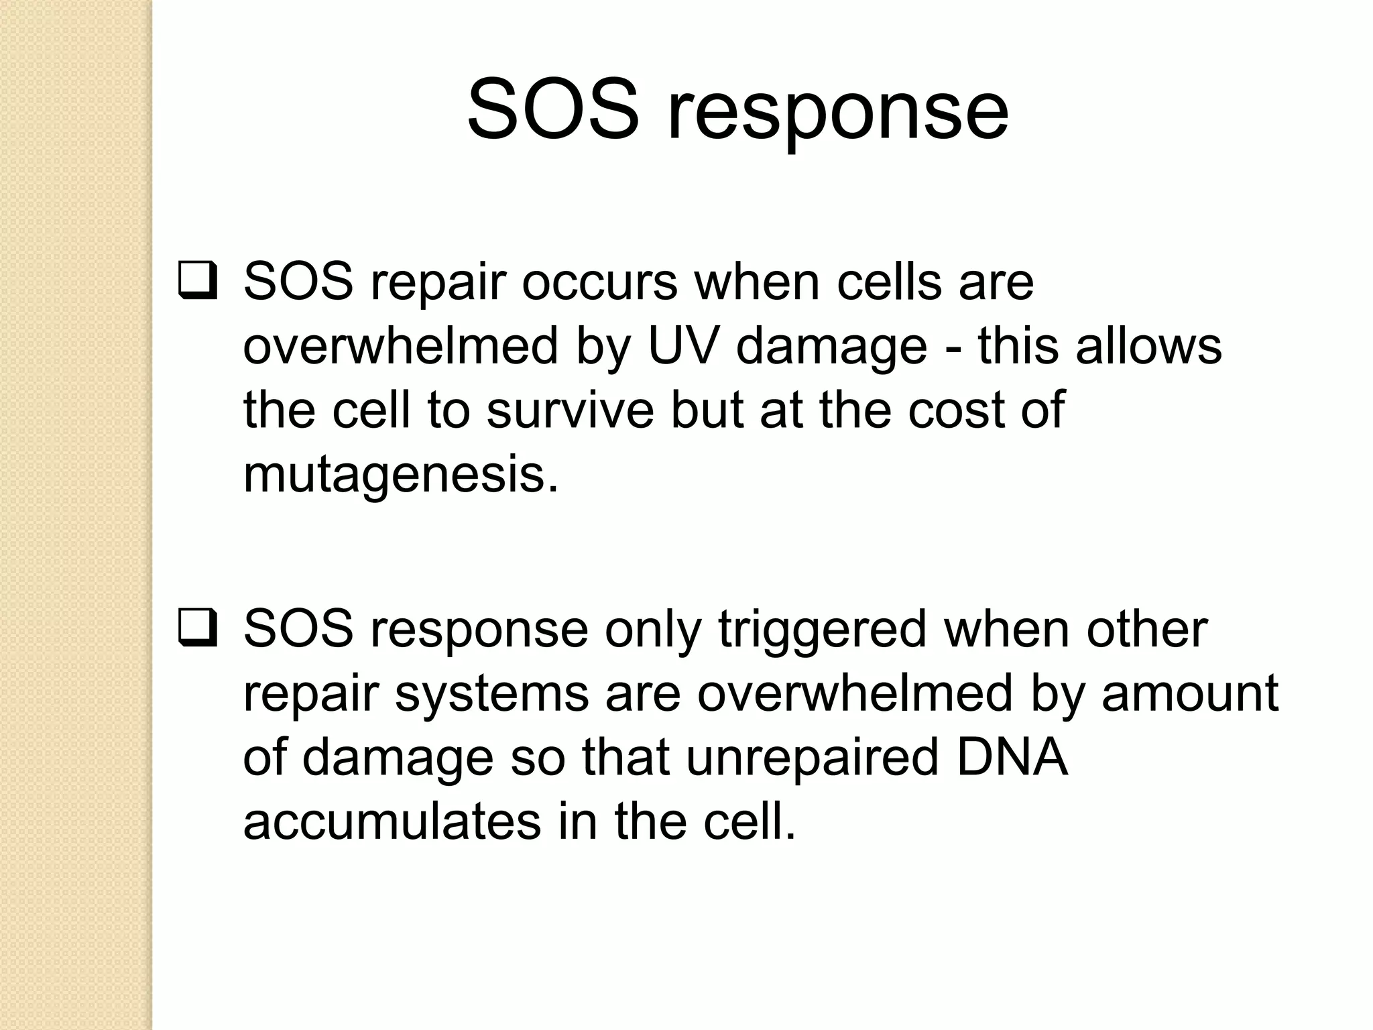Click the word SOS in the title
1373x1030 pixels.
(x=552, y=109)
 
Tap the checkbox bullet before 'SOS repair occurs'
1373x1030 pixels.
(x=198, y=282)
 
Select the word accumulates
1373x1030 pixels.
(x=392, y=822)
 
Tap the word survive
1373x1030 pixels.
(x=570, y=410)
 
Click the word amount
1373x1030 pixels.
(x=1190, y=693)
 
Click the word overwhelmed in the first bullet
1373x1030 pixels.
(x=401, y=346)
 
